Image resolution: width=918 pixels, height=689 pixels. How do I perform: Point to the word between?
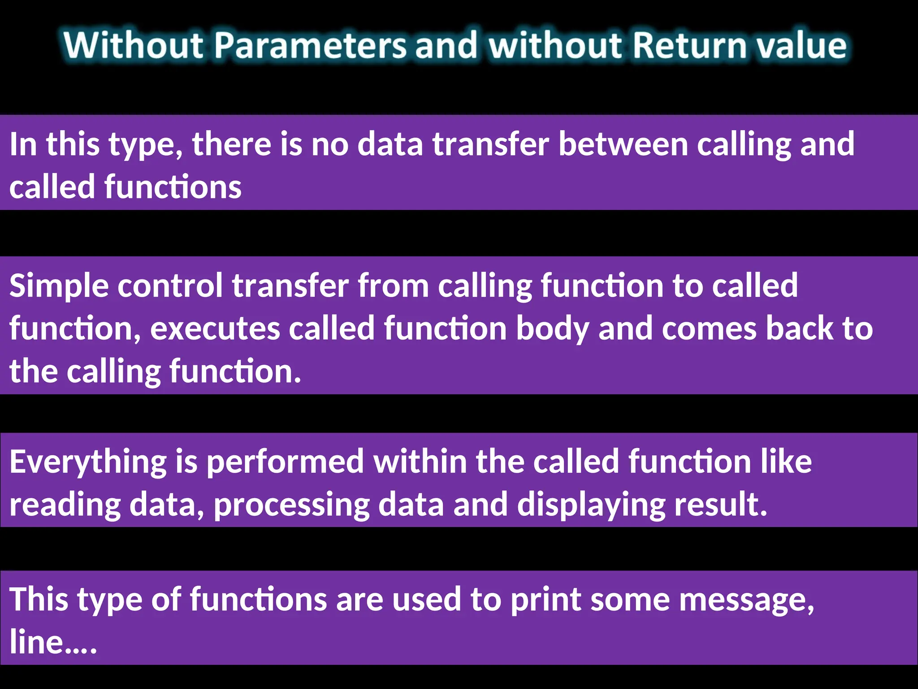point(623,144)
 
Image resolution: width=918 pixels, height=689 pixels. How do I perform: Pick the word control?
point(170,285)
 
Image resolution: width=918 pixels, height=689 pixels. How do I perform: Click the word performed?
point(285,462)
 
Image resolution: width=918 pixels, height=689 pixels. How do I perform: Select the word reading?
point(65,505)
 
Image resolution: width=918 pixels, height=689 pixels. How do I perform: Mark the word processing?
point(292,505)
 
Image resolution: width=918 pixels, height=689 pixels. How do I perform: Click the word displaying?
point(591,505)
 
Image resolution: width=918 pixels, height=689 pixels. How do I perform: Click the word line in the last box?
point(36,641)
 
